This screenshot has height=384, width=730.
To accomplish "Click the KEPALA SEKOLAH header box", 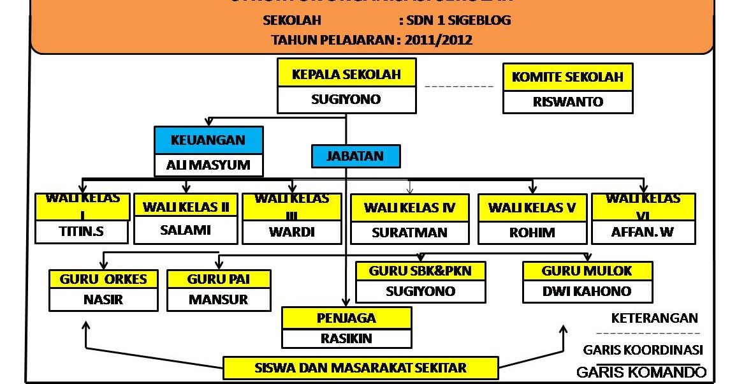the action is [x=346, y=74].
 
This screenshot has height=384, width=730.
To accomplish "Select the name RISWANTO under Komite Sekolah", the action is [x=567, y=101].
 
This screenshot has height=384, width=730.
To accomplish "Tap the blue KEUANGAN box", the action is [x=208, y=140].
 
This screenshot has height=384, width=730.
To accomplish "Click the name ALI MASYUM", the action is [x=208, y=166].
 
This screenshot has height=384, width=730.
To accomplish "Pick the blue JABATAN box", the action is [x=355, y=156].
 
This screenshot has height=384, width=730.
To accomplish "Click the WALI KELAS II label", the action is [x=186, y=207].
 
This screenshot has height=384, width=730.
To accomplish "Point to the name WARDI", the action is [x=291, y=232].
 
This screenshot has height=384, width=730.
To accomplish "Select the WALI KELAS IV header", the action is [x=409, y=207].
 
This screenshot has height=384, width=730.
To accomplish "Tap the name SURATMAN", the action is [x=409, y=233].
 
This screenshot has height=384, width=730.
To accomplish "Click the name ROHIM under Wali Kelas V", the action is [x=532, y=233].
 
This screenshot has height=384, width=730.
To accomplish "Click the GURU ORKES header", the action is [x=103, y=279].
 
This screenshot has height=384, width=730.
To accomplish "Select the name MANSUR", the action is [x=218, y=299].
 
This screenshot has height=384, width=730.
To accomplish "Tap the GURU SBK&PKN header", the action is [x=420, y=270].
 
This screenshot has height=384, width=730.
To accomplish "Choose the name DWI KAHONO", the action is [x=587, y=292].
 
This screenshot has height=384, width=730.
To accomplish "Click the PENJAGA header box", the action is [x=346, y=318].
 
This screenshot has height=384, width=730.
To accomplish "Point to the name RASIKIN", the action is [x=346, y=339].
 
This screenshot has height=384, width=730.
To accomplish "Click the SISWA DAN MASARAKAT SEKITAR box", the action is [x=360, y=367].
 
